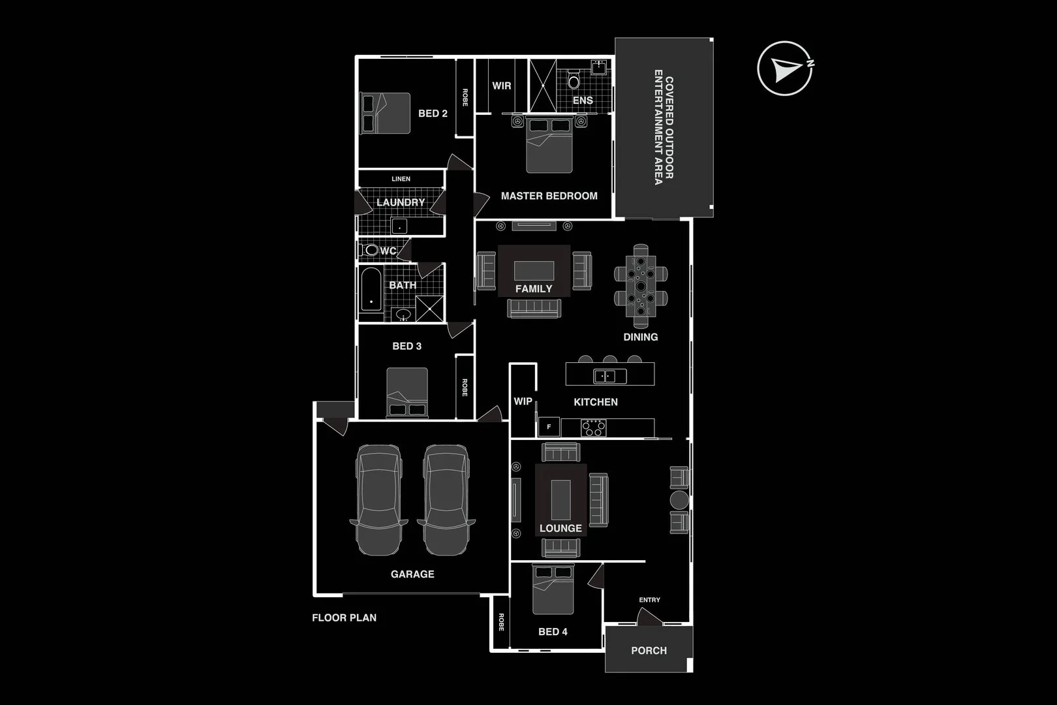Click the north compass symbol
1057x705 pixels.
coord(785,69)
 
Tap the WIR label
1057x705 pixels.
coord(502,86)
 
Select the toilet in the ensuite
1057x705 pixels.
coord(574,81)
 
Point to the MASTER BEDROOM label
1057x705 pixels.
coord(549,196)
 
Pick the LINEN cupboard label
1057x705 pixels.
coord(401,179)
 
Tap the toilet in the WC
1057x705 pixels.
coord(371,250)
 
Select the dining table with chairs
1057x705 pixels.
coord(641,286)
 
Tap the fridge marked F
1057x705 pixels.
coord(549,427)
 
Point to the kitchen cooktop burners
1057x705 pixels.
coord(594,428)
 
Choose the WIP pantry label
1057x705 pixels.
coord(523,401)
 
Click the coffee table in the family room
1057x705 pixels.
coord(534,270)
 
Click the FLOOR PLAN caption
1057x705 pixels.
coord(344,618)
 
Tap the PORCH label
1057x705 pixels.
coord(649,650)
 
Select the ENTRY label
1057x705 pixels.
coord(649,600)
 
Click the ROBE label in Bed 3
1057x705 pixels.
coord(465,388)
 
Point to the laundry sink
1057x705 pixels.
coord(399,227)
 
